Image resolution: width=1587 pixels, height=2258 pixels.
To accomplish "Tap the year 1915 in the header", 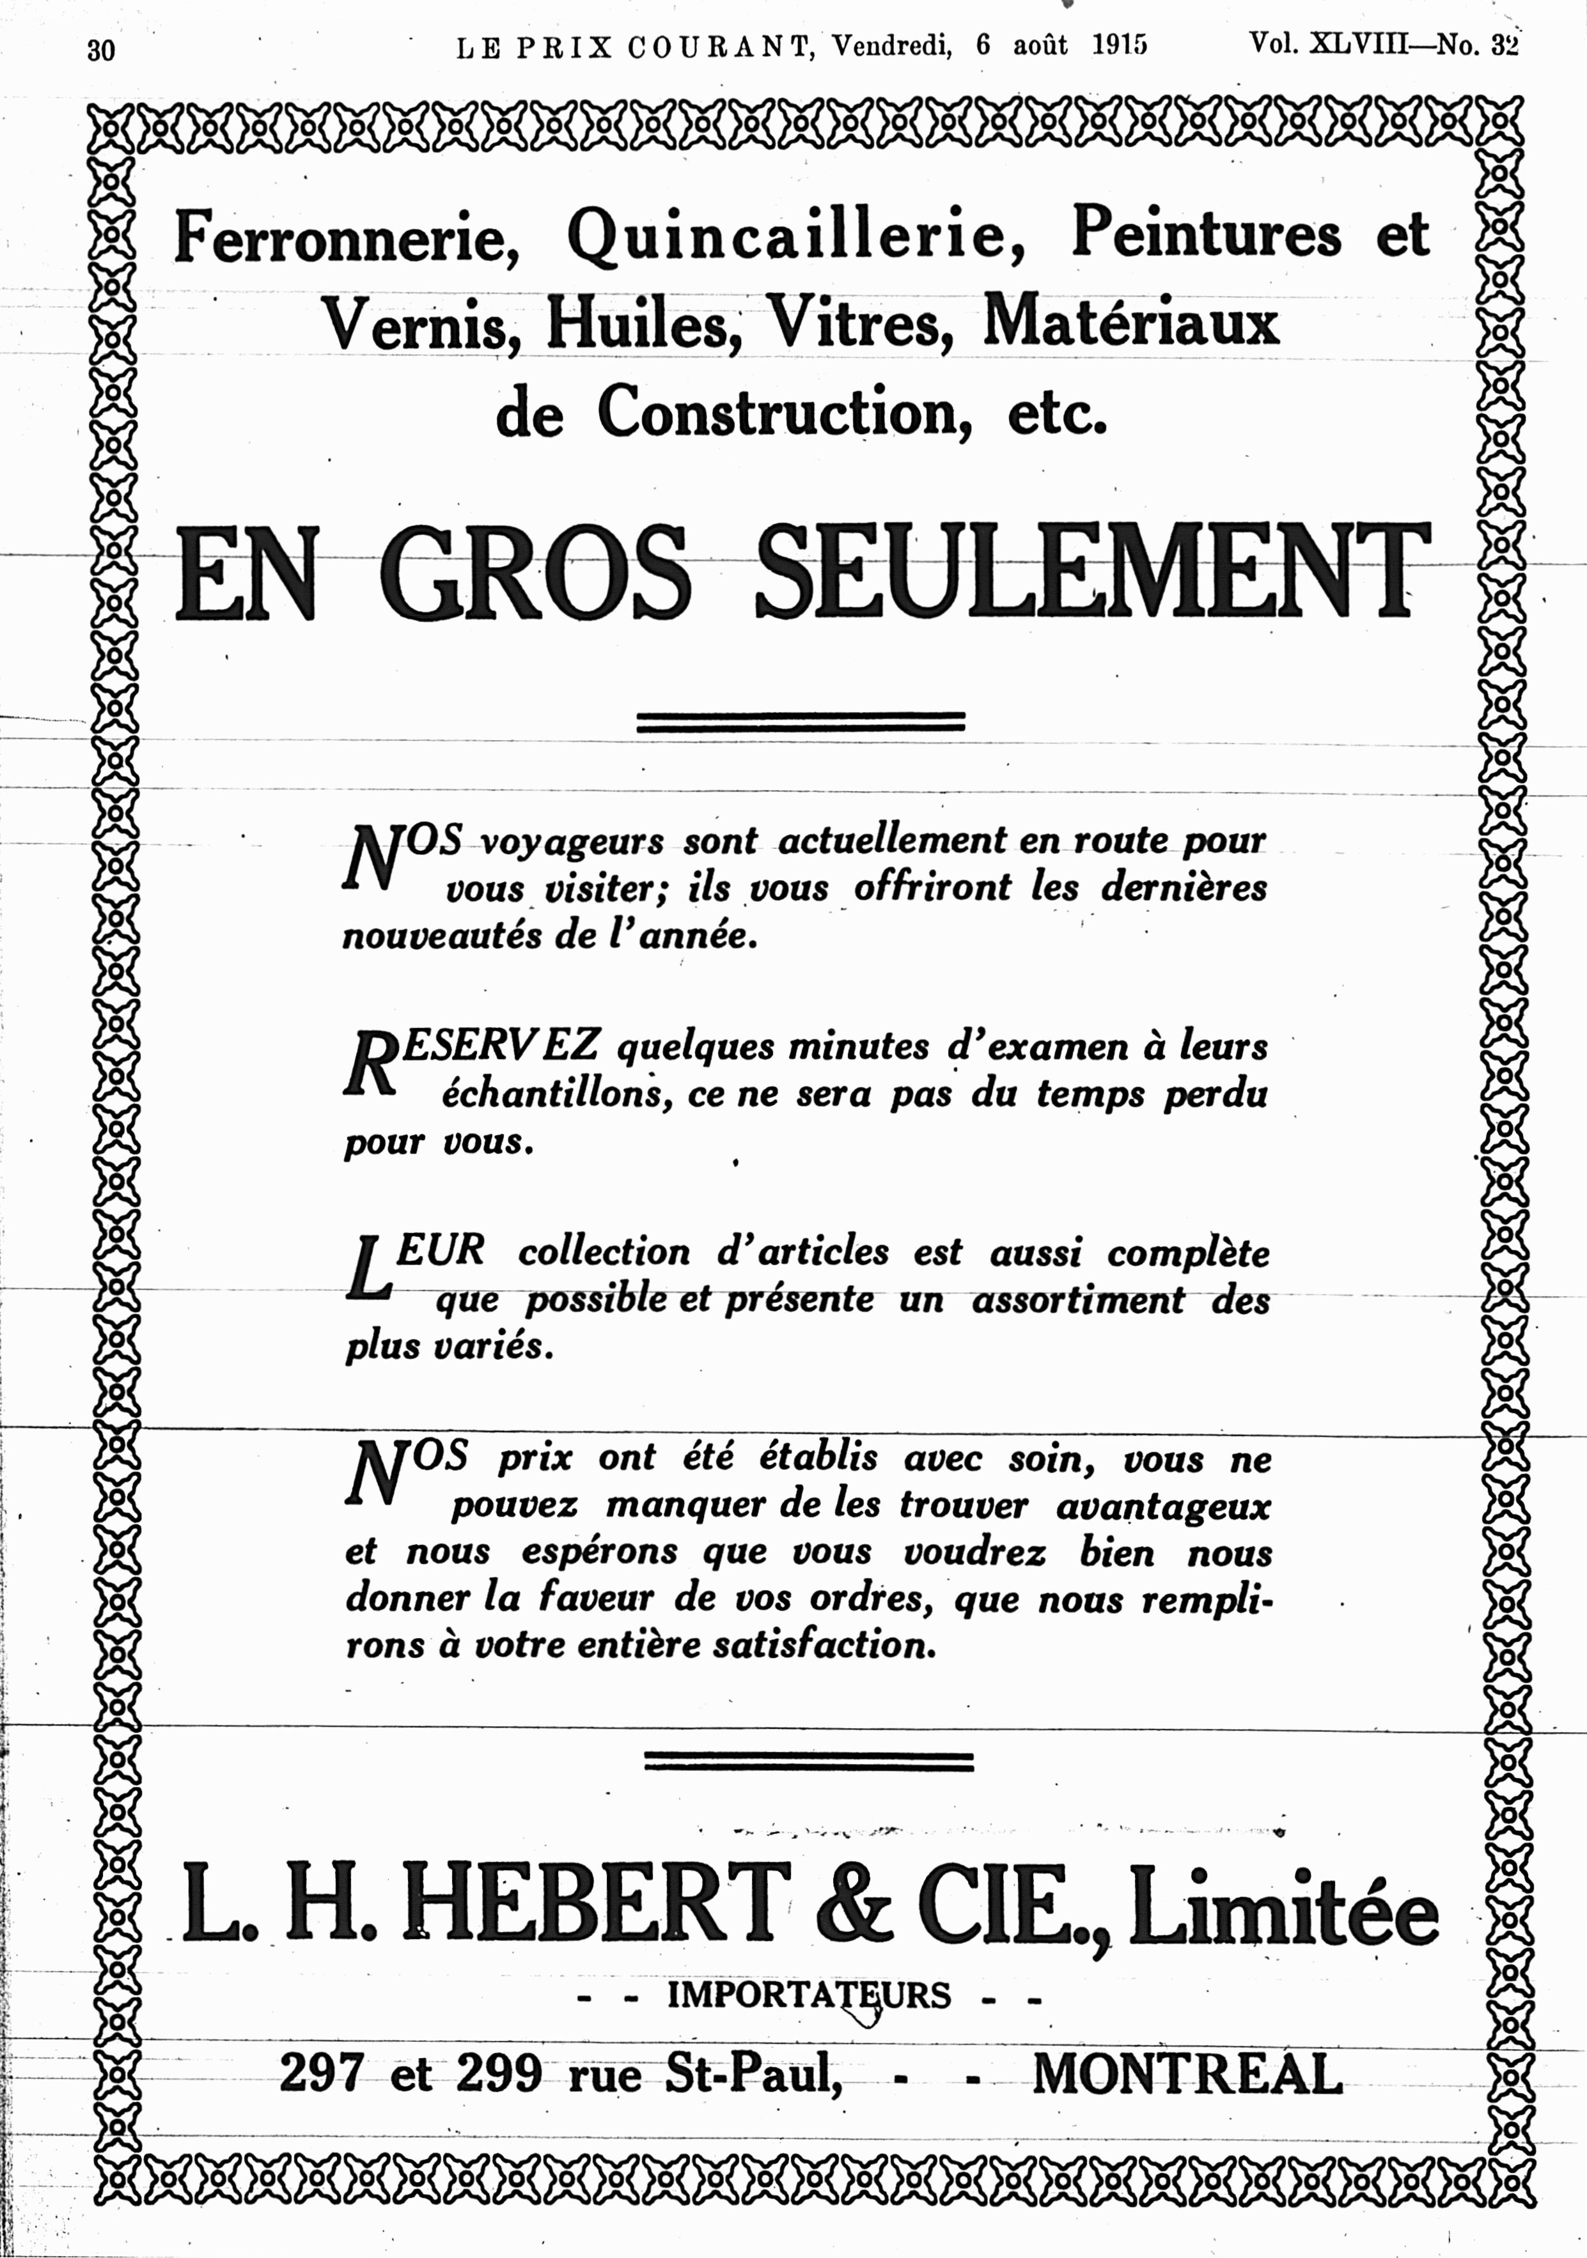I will (x=1119, y=45).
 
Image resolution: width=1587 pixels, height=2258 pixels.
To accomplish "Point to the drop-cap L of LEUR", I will (x=367, y=1271).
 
